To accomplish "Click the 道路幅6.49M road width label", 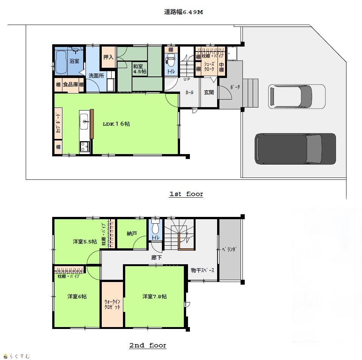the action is coord(183,12).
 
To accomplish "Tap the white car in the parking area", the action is coord(297,97).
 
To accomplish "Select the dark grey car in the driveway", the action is coord(295,149).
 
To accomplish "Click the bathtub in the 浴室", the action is coord(61,62).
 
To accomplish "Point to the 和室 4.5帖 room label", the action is coord(140,69).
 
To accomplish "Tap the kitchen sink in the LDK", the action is coord(84,121).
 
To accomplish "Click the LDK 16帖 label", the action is coord(117,124).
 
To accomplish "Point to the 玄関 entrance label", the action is coord(209,92).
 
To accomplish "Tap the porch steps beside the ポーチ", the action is coord(250,93).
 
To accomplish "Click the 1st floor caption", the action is coord(186,194).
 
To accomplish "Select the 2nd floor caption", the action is coord(148,346).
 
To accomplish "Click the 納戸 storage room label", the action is coord(132,234).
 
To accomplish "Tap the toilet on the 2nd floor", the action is coord(155,227).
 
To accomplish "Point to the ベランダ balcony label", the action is coord(229,249).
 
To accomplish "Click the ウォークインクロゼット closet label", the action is coord(112,304).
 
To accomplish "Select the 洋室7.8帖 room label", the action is coord(154,296).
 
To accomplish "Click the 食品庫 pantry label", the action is coord(70,84).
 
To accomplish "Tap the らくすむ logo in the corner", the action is coord(17,356).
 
